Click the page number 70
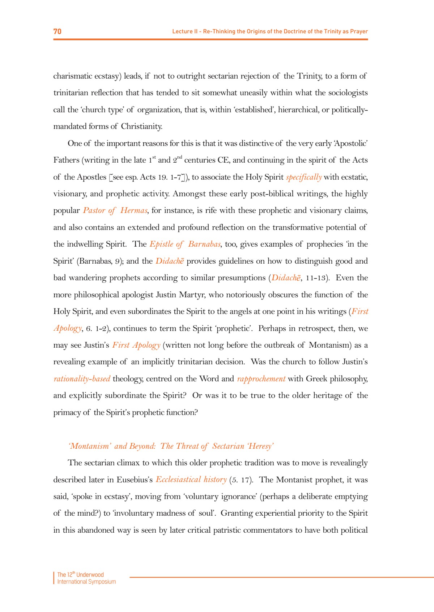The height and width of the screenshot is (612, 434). click(57, 32)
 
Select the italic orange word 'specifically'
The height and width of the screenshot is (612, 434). click(303, 177)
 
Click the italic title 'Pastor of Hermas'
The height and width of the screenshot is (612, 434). click(115, 210)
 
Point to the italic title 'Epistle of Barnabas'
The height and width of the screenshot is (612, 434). click(185, 244)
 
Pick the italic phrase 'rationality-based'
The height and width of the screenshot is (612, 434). click(82, 379)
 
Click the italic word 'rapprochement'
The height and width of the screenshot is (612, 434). click(261, 379)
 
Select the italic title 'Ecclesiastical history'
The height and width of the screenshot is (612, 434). click(191, 479)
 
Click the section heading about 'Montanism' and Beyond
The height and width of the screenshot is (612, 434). click(171, 446)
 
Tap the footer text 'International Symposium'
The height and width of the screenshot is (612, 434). click(86, 582)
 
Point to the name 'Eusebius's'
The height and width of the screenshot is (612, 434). click(135, 480)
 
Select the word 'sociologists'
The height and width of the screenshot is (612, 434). click(348, 93)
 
